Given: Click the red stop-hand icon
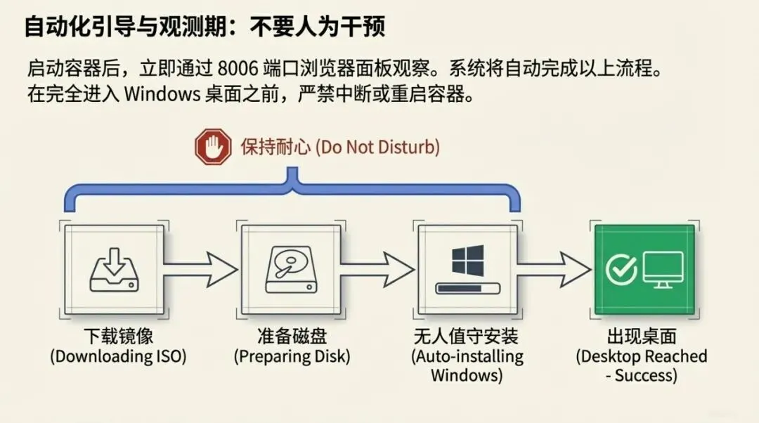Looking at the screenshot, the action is click(x=213, y=148).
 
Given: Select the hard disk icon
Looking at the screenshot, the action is click(x=291, y=269).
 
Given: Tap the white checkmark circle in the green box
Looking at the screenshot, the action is click(x=621, y=269).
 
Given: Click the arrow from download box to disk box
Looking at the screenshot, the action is click(x=200, y=266).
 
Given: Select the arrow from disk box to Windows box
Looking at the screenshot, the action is click(x=377, y=266).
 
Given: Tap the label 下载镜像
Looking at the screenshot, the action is click(x=118, y=336).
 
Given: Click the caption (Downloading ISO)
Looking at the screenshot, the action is click(x=118, y=356).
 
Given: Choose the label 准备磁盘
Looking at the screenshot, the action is click(x=292, y=336).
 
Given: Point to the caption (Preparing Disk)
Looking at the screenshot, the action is click(x=292, y=356).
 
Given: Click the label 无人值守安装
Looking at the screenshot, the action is click(x=467, y=336).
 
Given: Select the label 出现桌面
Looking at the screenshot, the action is click(x=641, y=336).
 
